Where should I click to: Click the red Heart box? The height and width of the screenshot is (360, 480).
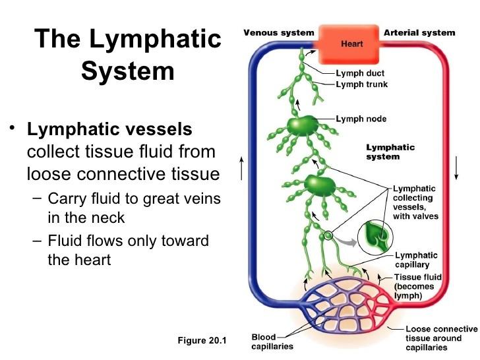pos(349,44)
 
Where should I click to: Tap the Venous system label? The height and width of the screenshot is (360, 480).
pos(279,33)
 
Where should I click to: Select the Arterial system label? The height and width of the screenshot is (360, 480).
pos(419,33)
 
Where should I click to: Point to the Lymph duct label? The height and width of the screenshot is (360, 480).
pos(360,73)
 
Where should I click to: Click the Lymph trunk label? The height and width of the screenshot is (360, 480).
pos(362,84)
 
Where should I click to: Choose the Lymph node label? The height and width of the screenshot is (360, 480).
pos(361,119)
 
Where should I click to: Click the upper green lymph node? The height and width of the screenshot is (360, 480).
pos(303,125)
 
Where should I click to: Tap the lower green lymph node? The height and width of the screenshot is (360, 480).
pos(320,185)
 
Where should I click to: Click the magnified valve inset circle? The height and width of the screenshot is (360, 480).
pos(375,237)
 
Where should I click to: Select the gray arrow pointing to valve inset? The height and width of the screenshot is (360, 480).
pos(346,241)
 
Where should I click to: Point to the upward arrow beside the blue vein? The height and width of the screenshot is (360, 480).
pos(241,168)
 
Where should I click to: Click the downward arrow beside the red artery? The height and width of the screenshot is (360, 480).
pos(456,167)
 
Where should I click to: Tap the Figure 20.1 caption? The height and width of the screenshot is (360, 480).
pos(202,340)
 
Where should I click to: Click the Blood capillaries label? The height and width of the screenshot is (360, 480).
pos(272,342)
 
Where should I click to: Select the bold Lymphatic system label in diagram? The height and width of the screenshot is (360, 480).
pos(390,152)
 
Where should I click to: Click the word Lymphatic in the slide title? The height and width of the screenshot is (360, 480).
pos(155,39)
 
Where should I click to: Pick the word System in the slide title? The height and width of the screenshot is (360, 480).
pos(128,71)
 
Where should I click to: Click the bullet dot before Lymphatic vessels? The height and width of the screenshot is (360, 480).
pos(12,127)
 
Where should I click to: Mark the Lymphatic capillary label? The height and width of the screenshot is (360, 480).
pos(415,260)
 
